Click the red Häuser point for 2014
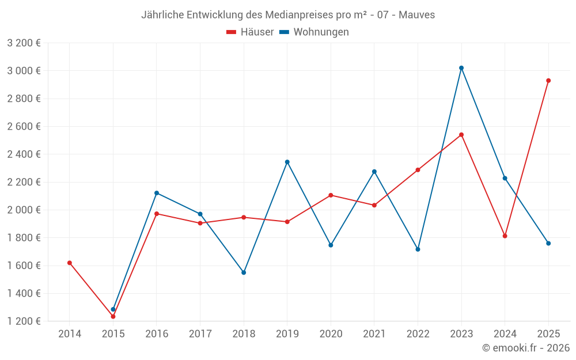pyautogui.click(x=70, y=263)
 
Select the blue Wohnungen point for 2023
pyautogui.click(x=461, y=68)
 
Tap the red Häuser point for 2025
pyautogui.click(x=548, y=81)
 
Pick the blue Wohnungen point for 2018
pyautogui.click(x=244, y=272)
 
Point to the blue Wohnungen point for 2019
pyautogui.click(x=287, y=162)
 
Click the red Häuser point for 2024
pyautogui.click(x=505, y=236)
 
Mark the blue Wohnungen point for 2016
pyautogui.click(x=157, y=193)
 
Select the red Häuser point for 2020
pyautogui.click(x=331, y=195)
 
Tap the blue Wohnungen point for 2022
pyautogui.click(x=418, y=249)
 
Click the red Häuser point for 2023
pyautogui.click(x=461, y=135)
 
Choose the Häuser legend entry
pyautogui.click(x=251, y=32)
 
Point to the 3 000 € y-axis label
pyautogui.click(x=24, y=71)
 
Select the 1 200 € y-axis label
pyautogui.click(x=24, y=321)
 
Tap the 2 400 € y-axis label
pyautogui.click(x=24, y=154)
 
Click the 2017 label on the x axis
pyautogui.click(x=200, y=334)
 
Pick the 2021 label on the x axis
pyautogui.click(x=374, y=334)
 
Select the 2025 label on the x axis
pyautogui.click(x=548, y=334)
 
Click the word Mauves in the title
pyautogui.click(x=419, y=15)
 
